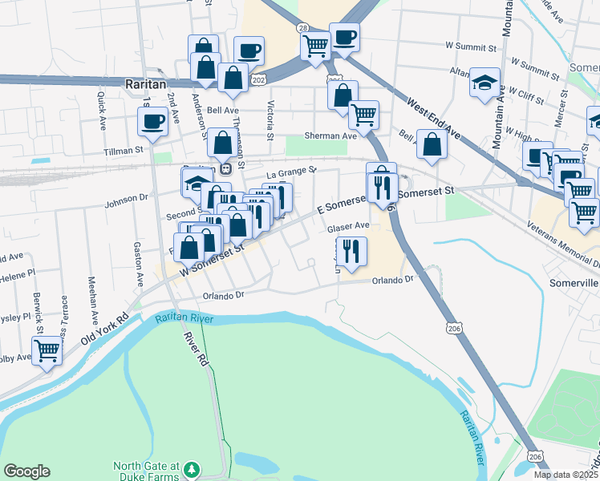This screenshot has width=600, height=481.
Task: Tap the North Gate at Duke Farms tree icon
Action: pos(191,468)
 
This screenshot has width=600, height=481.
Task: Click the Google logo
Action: pos(26,471)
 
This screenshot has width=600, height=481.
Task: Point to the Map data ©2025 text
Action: pos(566,475)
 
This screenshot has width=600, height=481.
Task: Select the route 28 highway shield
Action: pos(302,27)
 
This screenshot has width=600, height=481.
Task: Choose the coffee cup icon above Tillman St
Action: pos(152,121)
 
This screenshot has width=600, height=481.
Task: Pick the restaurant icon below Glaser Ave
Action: pos(351,250)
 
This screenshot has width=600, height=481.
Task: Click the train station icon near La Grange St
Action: pos(226,168)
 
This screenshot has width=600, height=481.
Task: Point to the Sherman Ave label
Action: pos(330,136)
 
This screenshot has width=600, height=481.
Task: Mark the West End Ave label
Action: pos(432,117)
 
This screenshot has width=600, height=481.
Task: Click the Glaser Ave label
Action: pos(348,226)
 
